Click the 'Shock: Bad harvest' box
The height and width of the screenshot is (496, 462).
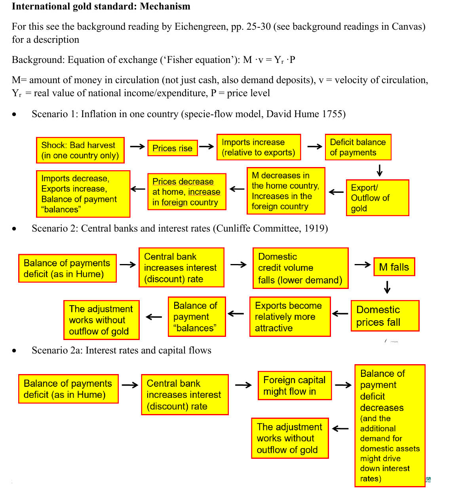(x=80, y=150)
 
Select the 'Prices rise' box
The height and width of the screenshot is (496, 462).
(x=172, y=148)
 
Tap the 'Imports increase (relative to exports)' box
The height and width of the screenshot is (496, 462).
(x=259, y=147)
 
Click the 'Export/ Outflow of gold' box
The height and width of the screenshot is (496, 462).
(x=377, y=198)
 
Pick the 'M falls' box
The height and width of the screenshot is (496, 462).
(x=394, y=267)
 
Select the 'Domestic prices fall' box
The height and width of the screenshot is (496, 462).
(x=384, y=316)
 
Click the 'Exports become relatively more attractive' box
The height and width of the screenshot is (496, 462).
(x=290, y=317)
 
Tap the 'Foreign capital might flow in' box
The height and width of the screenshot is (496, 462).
(x=295, y=386)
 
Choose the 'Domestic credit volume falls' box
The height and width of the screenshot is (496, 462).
(x=300, y=268)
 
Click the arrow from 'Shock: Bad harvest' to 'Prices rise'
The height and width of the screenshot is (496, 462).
(x=137, y=146)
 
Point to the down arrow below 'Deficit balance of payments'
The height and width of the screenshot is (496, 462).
(x=380, y=170)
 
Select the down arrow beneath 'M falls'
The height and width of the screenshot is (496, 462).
(x=387, y=287)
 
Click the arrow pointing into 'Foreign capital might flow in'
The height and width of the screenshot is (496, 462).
(x=243, y=385)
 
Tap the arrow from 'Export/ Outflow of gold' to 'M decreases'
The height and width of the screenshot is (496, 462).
(x=336, y=192)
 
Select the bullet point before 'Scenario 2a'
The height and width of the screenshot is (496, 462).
(x=14, y=351)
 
